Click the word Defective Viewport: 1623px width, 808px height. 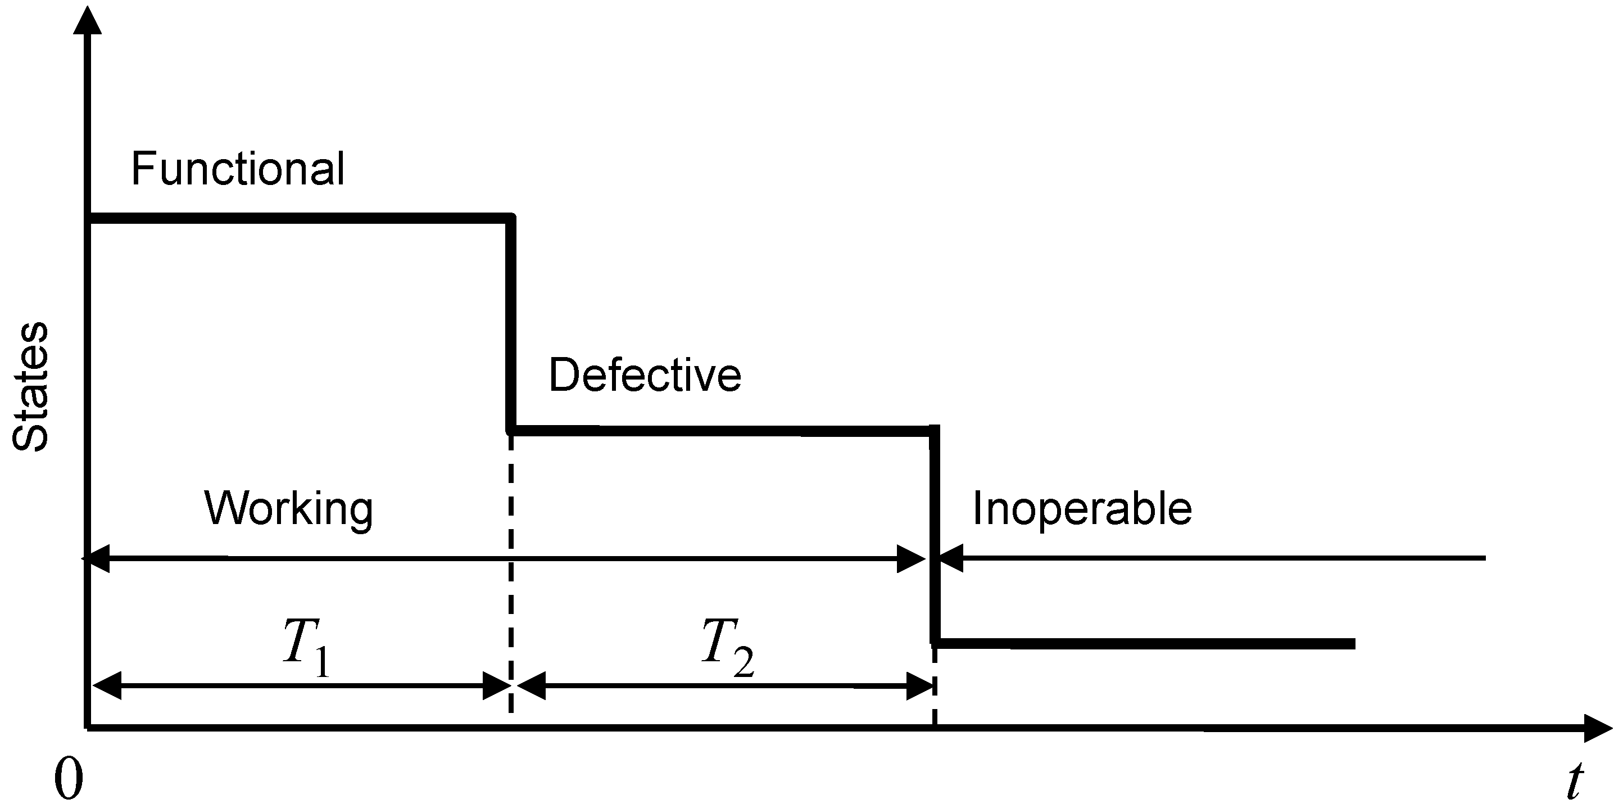tap(645, 375)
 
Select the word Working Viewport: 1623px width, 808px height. tap(288, 509)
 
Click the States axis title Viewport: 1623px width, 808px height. tap(30, 387)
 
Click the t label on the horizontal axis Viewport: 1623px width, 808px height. tap(1575, 782)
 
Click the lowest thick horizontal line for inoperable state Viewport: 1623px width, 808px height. tap(1144, 643)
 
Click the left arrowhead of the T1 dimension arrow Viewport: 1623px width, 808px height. tap(107, 686)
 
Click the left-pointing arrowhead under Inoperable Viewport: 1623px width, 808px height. tap(950, 558)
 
